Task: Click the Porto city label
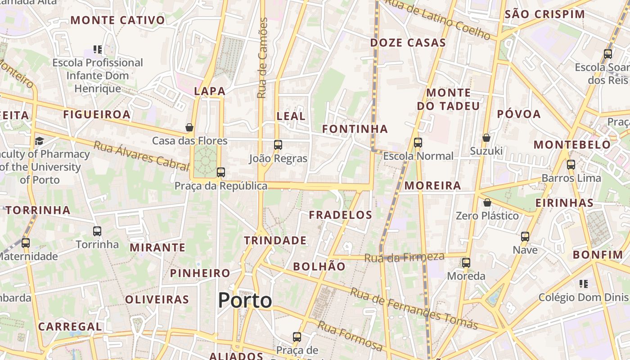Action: pyautogui.click(x=245, y=300)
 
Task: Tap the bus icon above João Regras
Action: pyautogui.click(x=278, y=144)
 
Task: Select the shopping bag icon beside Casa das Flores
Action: pyautogui.click(x=189, y=127)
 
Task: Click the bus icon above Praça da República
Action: pyautogui.click(x=220, y=172)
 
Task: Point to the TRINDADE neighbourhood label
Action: pyautogui.click(x=275, y=240)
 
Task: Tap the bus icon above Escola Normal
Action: pyautogui.click(x=418, y=143)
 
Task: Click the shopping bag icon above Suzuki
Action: pyautogui.click(x=486, y=137)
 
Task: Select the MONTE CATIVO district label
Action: pyautogui.click(x=118, y=20)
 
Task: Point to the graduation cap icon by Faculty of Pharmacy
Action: pyautogui.click(x=39, y=141)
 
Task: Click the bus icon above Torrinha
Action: pyautogui.click(x=97, y=231)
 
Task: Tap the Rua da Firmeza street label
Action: pyautogui.click(x=404, y=257)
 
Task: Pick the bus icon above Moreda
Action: pyautogui.click(x=466, y=262)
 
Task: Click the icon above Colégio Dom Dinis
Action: pyautogui.click(x=583, y=283)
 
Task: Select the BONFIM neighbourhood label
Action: pyautogui.click(x=598, y=255)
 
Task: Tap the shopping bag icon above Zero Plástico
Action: pyautogui.click(x=487, y=202)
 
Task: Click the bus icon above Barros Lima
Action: pyautogui.click(x=571, y=164)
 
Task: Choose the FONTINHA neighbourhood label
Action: pyautogui.click(x=355, y=129)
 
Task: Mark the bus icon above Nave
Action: pyautogui.click(x=525, y=236)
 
